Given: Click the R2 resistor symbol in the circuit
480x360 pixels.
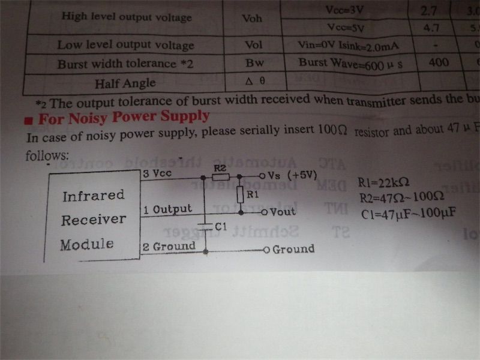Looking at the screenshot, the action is (x=220, y=177).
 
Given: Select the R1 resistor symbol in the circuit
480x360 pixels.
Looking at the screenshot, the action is (x=239, y=194).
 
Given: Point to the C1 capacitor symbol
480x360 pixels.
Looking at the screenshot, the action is (x=206, y=226).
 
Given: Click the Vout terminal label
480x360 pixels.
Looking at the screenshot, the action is (x=283, y=212).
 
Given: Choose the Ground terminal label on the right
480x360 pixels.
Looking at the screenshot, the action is (x=293, y=249).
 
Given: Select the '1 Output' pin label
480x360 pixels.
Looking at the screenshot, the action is (x=168, y=209).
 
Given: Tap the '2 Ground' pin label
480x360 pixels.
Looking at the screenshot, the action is (x=169, y=246).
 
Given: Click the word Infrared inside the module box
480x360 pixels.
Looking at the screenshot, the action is (x=93, y=196).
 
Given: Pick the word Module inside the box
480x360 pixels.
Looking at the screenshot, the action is (x=86, y=244).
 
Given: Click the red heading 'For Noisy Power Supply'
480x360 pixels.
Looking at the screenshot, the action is (x=124, y=117).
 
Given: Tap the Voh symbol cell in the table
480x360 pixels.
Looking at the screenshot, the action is (x=251, y=18).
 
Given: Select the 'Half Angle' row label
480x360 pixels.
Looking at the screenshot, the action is (x=125, y=83).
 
